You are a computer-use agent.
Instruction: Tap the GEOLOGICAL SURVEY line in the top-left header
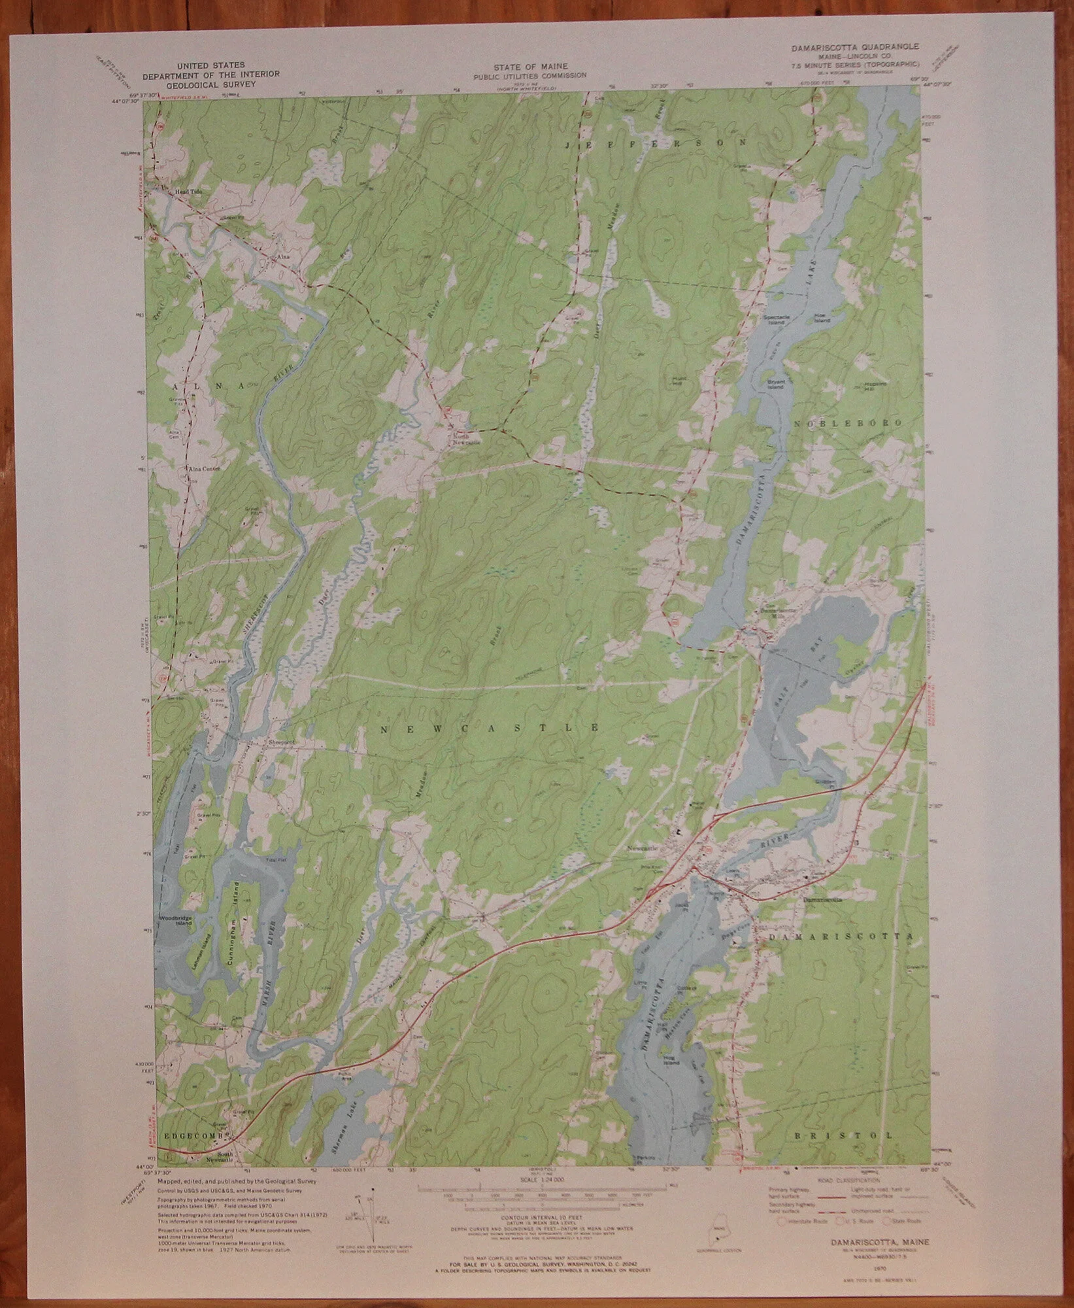[210, 83]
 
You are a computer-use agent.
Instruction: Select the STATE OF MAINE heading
[530, 67]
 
